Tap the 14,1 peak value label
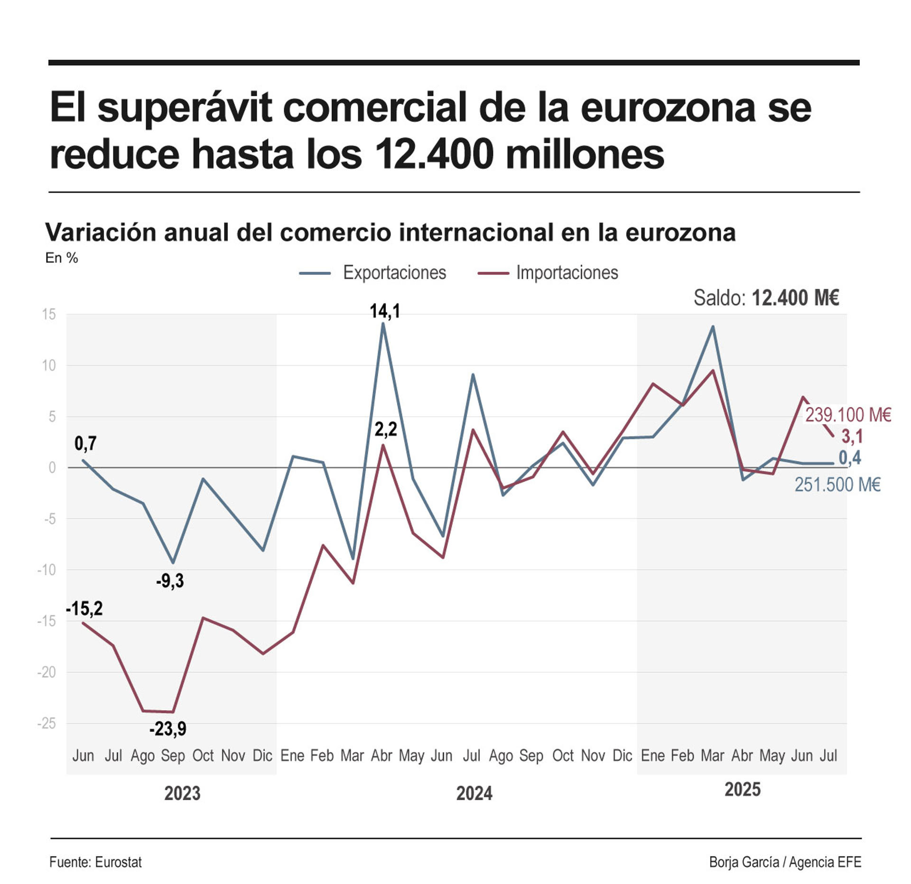384,311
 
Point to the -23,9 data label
167,728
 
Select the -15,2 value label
84,608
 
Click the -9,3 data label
169,581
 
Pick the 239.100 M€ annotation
847,415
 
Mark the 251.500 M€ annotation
837,485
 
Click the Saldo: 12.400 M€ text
766,298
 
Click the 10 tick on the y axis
48,365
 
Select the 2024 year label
474,793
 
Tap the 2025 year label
742,790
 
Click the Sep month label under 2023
173,755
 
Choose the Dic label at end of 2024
622,755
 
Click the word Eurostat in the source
118,862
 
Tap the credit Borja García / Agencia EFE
785,862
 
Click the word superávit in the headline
185,108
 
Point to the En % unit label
62,258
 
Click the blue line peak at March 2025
712,326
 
